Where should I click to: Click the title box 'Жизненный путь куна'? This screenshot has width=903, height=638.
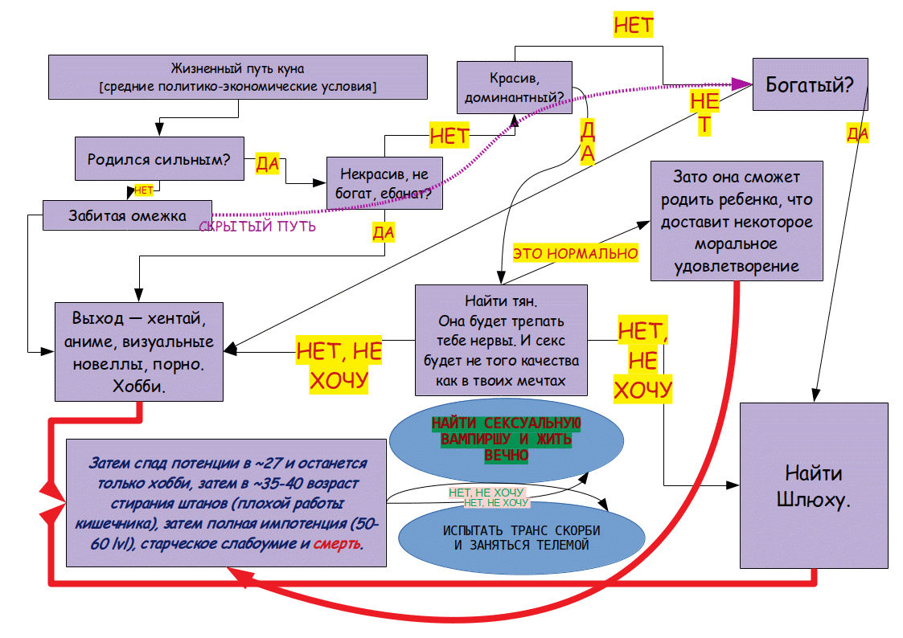click(x=238, y=77)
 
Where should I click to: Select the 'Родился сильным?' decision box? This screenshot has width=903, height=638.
click(x=159, y=159)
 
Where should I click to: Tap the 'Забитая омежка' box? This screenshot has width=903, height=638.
click(x=127, y=215)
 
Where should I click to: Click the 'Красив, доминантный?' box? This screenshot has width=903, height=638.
click(x=515, y=88)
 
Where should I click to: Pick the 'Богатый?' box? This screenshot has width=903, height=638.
click(x=810, y=84)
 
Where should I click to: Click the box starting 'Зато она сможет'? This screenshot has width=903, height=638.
click(x=737, y=221)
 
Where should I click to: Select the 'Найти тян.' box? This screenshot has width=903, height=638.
click(x=501, y=341)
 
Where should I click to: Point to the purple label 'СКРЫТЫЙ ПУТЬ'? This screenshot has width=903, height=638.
click(x=257, y=227)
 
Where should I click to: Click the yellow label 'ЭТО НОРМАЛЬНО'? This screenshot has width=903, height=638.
click(x=575, y=253)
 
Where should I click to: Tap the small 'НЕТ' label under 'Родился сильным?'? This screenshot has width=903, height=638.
click(x=143, y=190)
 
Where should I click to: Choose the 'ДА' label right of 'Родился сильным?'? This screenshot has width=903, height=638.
click(x=267, y=164)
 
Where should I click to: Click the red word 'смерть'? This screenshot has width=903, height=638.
click(x=338, y=544)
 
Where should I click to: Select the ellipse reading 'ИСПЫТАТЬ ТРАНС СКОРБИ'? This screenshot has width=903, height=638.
click(x=521, y=538)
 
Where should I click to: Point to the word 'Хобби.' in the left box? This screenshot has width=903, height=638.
click(x=139, y=386)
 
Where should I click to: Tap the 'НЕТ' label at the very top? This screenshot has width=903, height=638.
click(x=634, y=26)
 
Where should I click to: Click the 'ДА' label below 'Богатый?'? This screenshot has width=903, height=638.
click(x=857, y=134)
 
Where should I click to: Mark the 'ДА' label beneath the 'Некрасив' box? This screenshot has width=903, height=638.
click(x=383, y=232)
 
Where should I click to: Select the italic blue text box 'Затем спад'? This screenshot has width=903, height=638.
click(x=226, y=503)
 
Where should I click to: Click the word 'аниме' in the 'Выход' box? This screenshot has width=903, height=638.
click(x=89, y=341)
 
